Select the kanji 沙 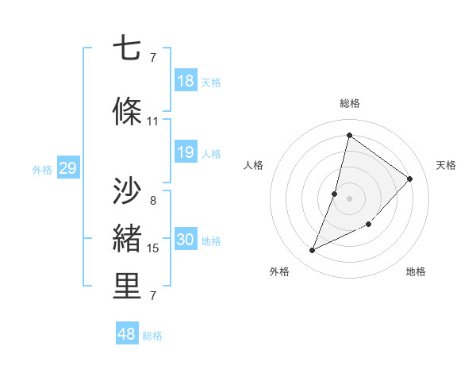point(127,191)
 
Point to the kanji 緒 point(127,238)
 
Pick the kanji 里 point(127,287)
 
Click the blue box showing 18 point(186,81)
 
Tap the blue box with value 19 point(186,152)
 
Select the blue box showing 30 point(186,240)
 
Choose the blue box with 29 point(67,168)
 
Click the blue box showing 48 point(127,334)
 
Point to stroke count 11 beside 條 point(153,121)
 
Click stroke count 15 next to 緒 point(153,248)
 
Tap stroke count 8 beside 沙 point(153,201)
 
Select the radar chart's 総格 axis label point(350,103)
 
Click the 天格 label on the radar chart point(446,165)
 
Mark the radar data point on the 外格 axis point(313,251)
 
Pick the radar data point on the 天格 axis point(410,179)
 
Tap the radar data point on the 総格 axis point(349,135)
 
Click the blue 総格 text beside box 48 point(152,336)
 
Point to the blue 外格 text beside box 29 point(41,169)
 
